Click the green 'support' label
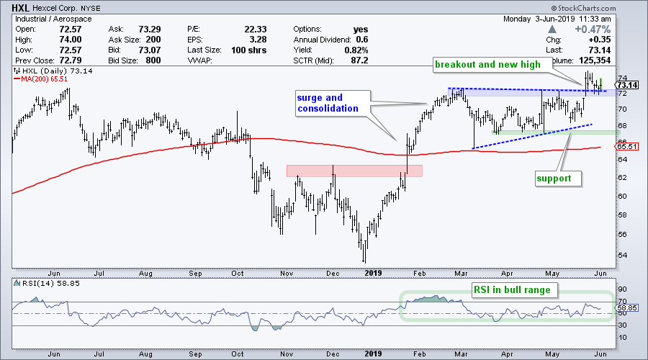click(557, 176)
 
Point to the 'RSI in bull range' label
click(510, 291)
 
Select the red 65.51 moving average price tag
click(626, 146)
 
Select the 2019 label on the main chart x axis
click(373, 274)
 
